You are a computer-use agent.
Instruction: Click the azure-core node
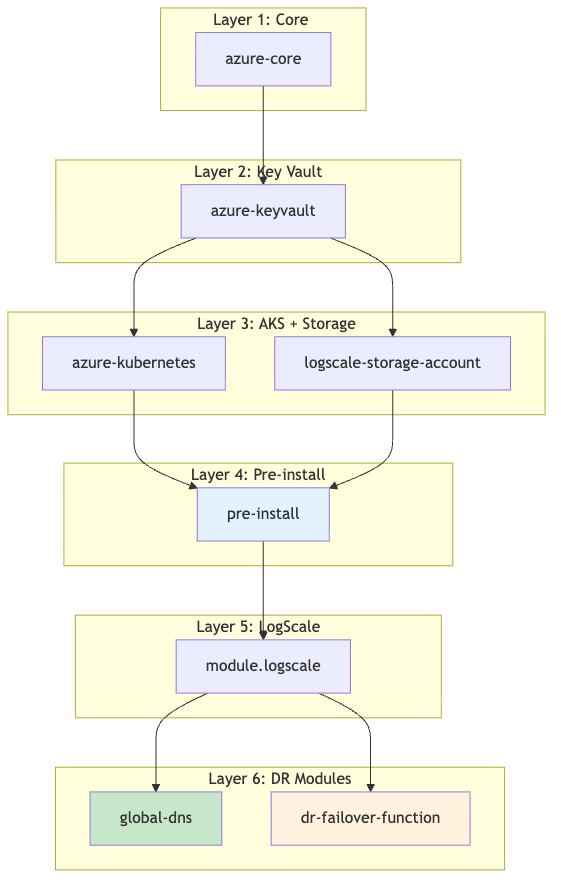(263, 59)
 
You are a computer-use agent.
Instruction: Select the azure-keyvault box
(263, 211)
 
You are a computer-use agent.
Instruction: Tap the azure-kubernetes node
(134, 363)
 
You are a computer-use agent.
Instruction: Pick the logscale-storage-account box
(392, 363)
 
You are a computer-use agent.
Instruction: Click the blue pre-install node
(263, 514)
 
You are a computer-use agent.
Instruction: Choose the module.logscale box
(263, 666)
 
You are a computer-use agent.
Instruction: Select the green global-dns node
(155, 818)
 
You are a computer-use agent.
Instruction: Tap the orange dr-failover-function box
(370, 818)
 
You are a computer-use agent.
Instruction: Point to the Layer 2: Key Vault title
(258, 172)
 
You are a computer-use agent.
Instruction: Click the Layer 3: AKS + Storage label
(276, 324)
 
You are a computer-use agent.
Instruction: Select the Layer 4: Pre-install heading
(258, 475)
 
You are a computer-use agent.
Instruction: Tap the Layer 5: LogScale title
(258, 627)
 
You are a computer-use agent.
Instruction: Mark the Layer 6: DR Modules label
(279, 779)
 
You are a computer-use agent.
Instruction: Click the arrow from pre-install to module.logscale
(263, 589)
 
